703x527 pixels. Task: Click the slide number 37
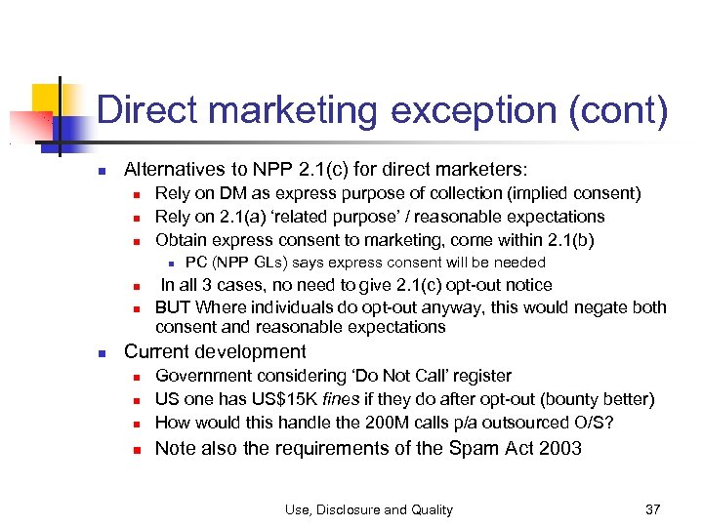click(653, 508)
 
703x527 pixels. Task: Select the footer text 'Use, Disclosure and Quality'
click(369, 508)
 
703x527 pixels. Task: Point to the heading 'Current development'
click(215, 351)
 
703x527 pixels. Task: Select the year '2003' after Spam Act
click(560, 448)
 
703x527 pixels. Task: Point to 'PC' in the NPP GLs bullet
click(195, 263)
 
